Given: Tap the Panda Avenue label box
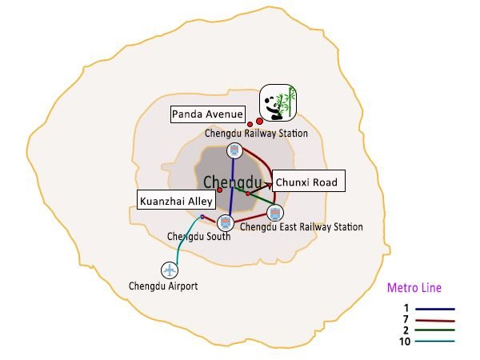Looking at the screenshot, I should (207, 114).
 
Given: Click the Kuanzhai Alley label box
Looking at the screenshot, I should (176, 202).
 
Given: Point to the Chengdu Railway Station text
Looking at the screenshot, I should (256, 134).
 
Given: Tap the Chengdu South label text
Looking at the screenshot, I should (198, 236).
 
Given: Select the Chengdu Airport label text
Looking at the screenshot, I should (163, 286).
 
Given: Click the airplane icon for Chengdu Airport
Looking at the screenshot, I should (169, 270).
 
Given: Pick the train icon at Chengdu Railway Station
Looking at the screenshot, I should (234, 150).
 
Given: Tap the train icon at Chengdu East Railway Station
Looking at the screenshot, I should (275, 213).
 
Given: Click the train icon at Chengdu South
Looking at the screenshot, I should (224, 222).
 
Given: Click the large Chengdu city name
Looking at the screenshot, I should (233, 182).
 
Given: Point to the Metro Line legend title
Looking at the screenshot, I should (414, 288).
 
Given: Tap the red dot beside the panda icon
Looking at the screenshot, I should (259, 121).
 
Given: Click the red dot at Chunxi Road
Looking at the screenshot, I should (248, 194).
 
